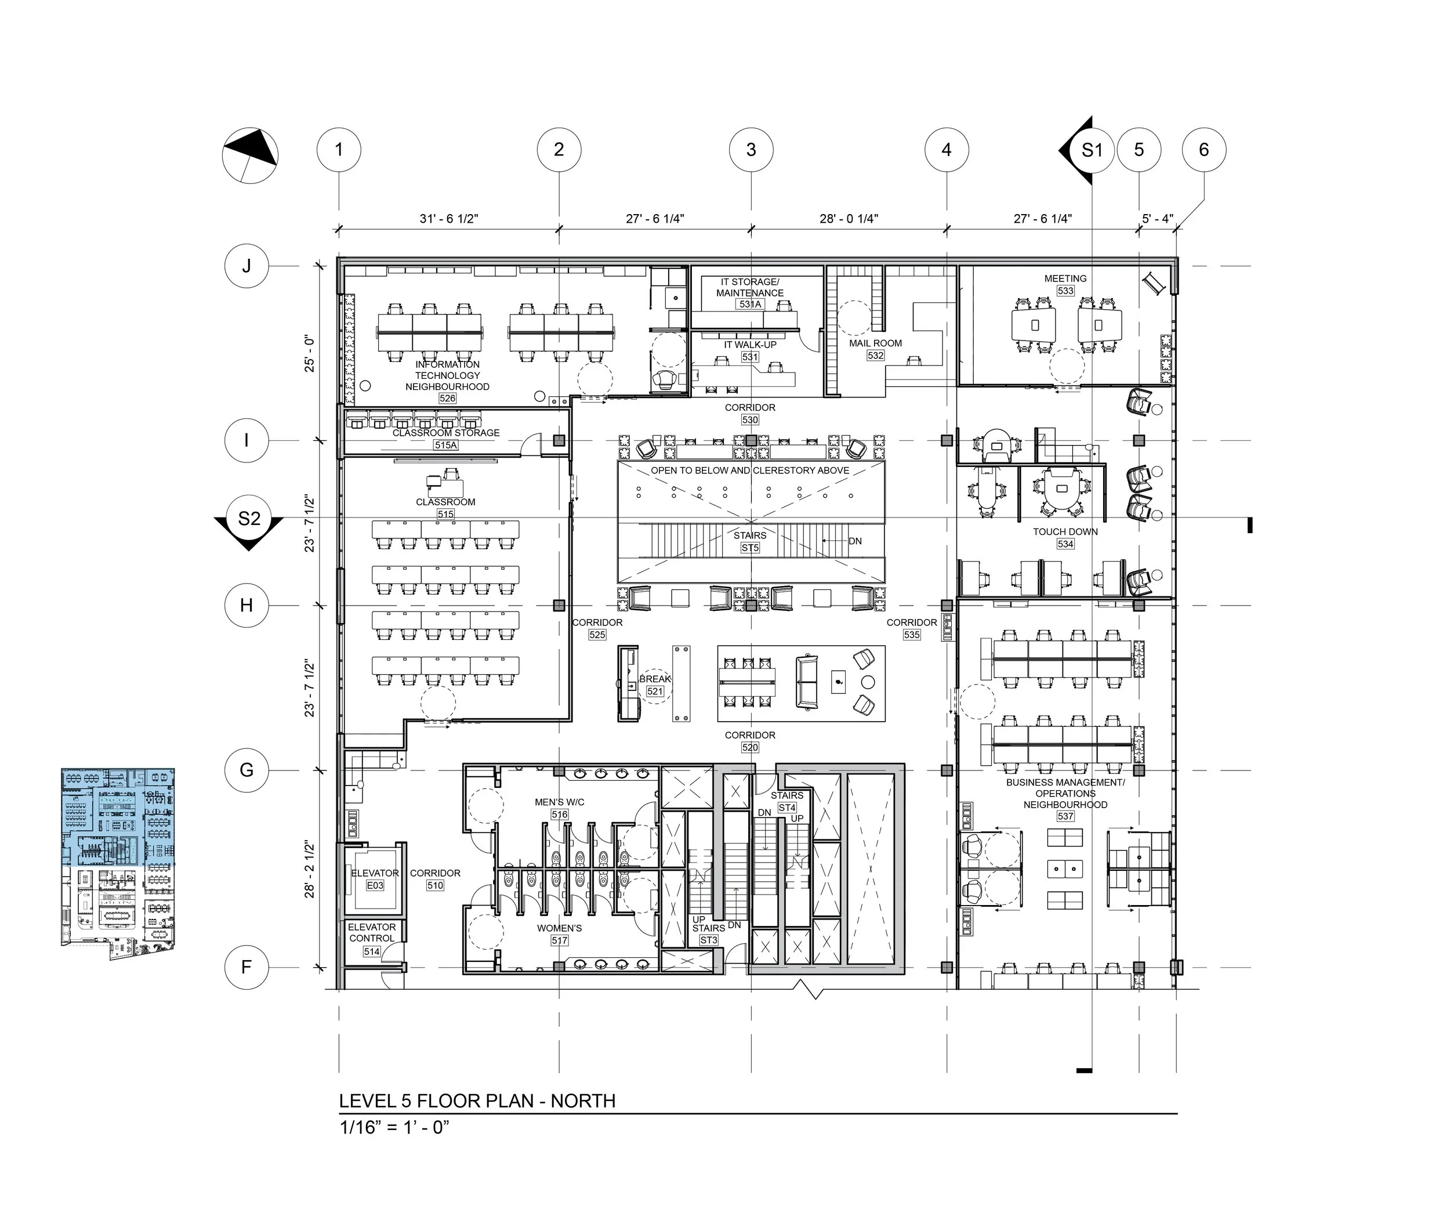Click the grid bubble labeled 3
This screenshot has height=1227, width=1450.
tap(751, 150)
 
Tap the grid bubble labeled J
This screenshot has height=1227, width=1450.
tap(246, 266)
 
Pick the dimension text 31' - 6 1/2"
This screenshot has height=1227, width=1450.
tap(448, 218)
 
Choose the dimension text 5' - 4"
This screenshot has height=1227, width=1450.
tap(1158, 218)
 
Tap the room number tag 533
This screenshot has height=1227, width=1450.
tap(1065, 291)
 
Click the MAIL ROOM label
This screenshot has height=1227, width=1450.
tap(876, 343)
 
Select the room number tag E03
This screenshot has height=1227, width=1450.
tap(375, 885)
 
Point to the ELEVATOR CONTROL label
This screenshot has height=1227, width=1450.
tap(372, 932)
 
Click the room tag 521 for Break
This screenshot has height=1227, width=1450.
tap(655, 692)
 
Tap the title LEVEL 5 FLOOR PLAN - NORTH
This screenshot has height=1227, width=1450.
tap(477, 1101)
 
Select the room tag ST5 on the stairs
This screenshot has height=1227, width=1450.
tap(751, 548)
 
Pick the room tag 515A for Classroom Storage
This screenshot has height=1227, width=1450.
tap(446, 445)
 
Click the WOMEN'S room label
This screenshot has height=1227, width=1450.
tap(559, 928)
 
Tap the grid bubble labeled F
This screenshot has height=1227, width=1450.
tap(246, 967)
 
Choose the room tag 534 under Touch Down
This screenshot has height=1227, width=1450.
tap(1065, 544)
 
